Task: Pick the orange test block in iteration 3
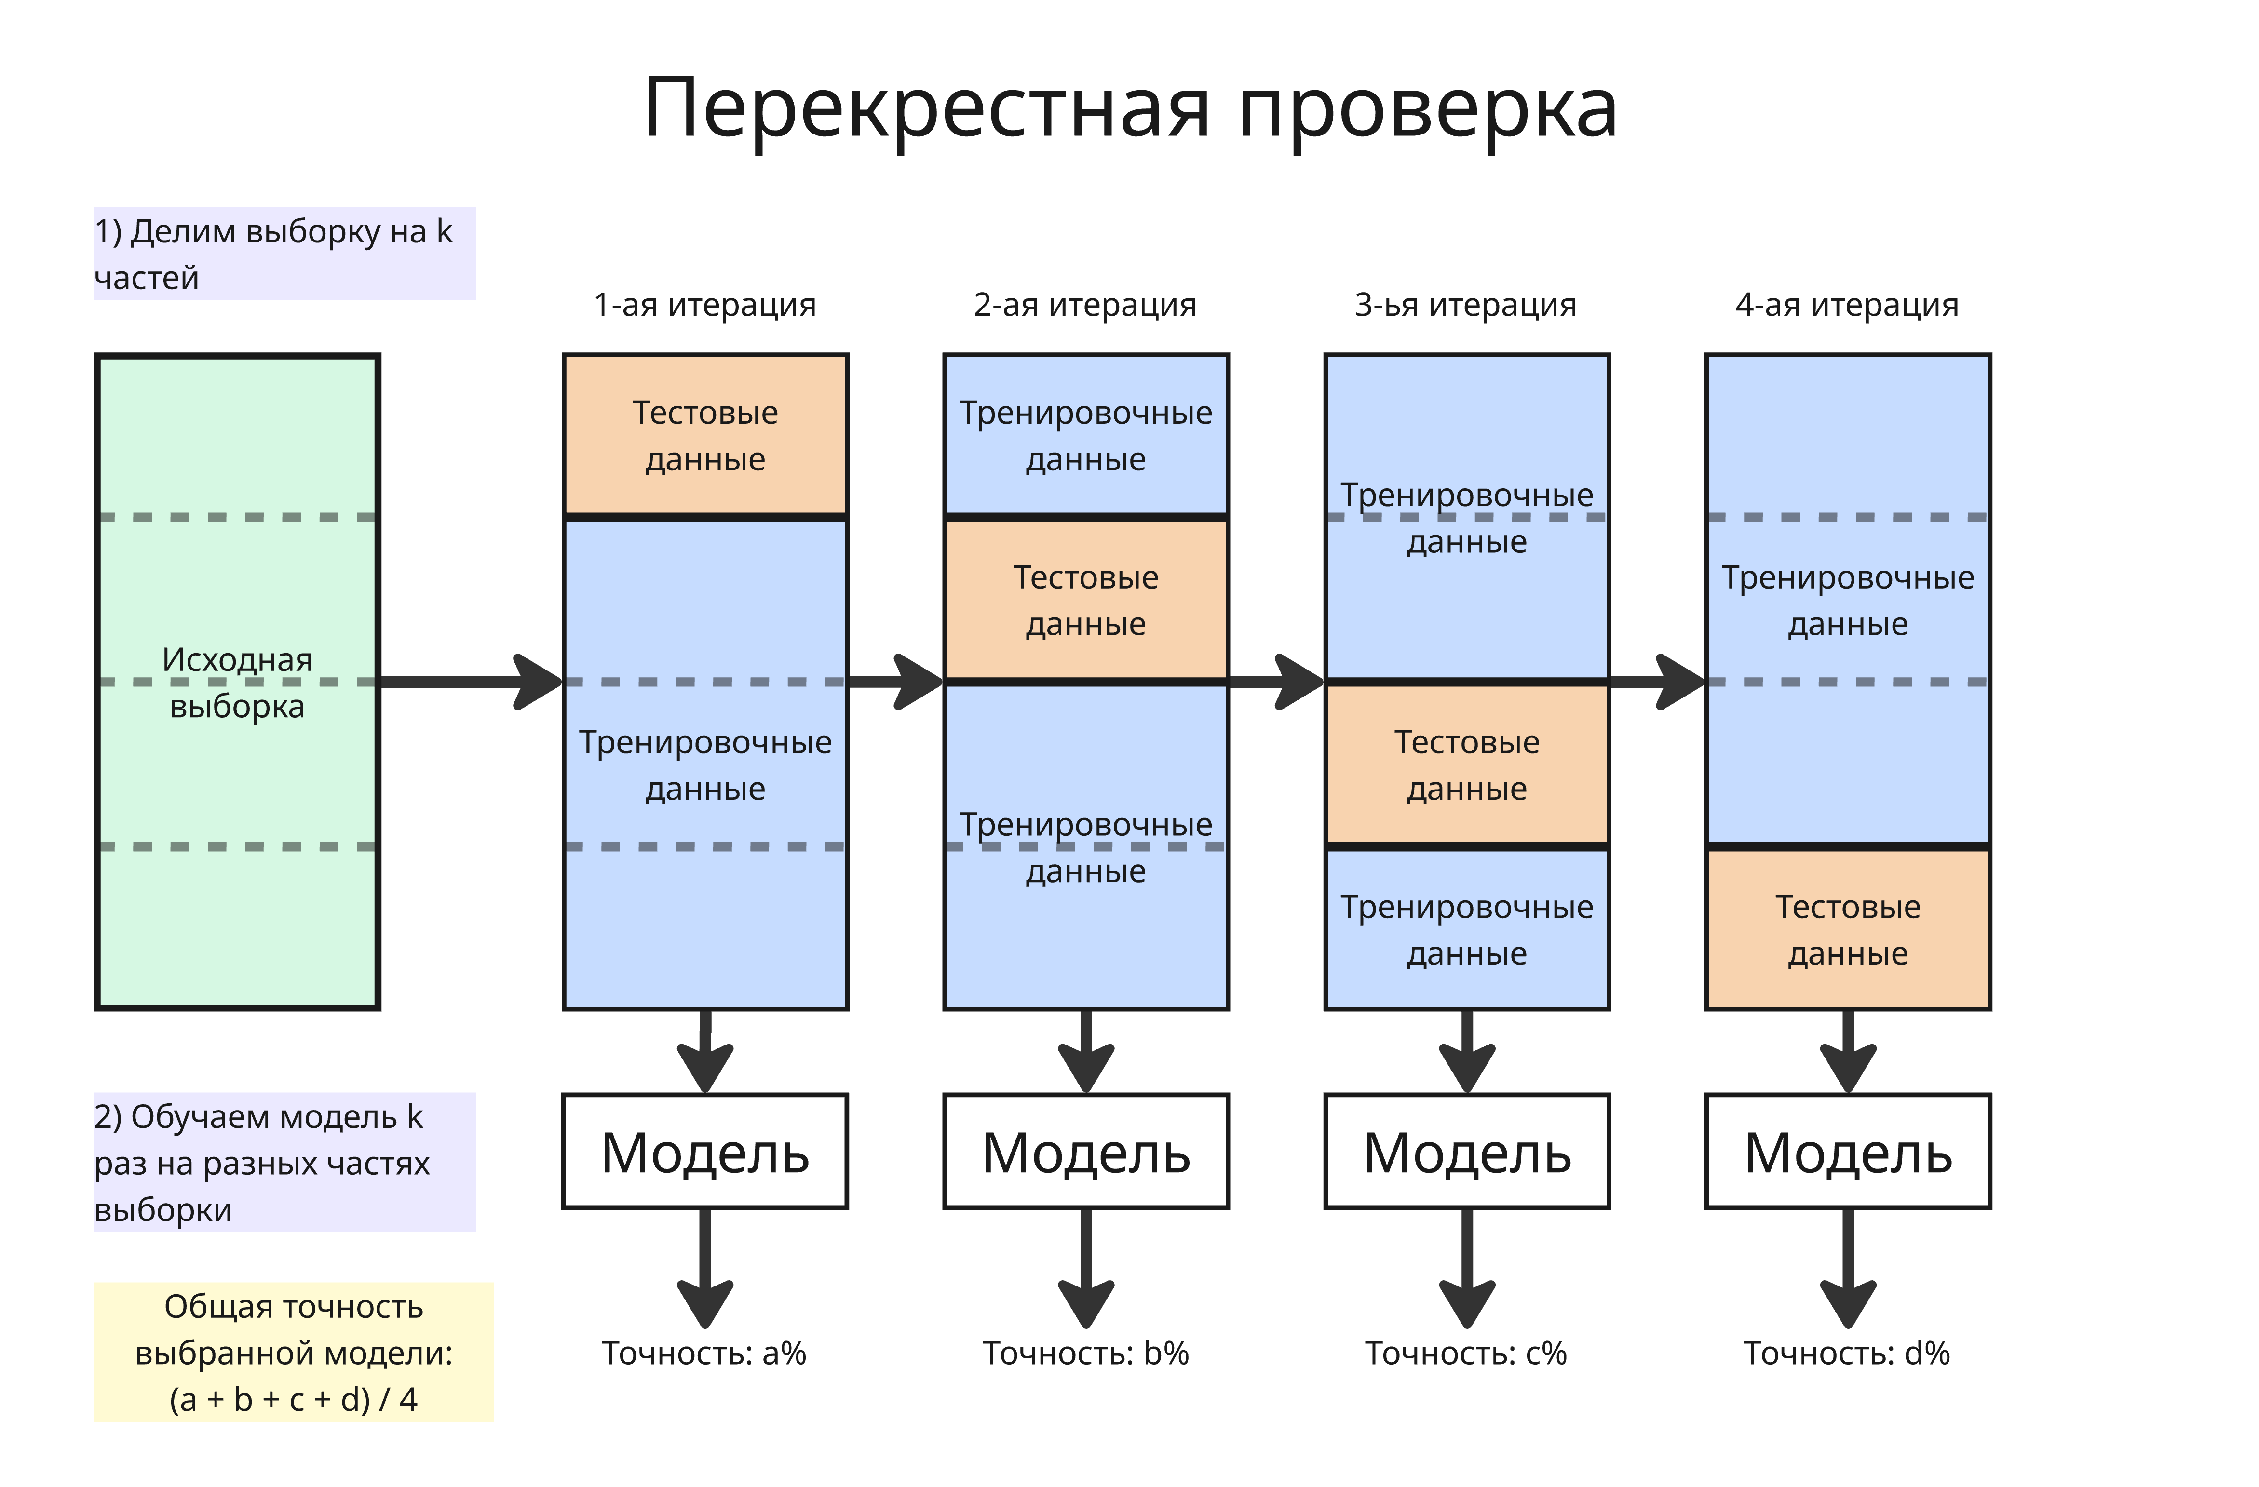point(1466,765)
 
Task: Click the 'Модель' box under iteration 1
point(705,1152)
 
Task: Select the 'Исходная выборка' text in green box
point(237,683)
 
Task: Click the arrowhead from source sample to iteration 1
point(539,682)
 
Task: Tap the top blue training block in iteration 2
point(1086,436)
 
